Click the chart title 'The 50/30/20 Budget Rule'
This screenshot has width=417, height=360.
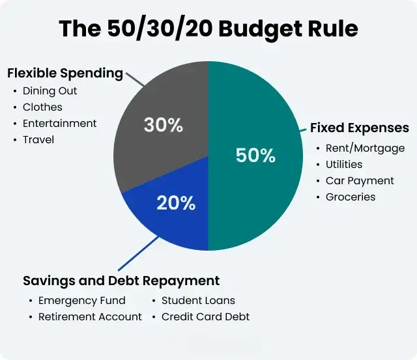(x=208, y=28)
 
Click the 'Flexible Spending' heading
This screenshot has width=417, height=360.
(x=65, y=73)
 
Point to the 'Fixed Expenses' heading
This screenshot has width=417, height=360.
(x=359, y=128)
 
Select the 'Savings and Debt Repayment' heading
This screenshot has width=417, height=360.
(x=121, y=281)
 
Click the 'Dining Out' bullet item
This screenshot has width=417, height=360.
(x=50, y=91)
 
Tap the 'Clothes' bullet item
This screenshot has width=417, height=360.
(x=43, y=107)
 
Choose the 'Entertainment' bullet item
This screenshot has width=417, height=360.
(x=59, y=123)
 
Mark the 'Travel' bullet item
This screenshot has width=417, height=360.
(x=38, y=139)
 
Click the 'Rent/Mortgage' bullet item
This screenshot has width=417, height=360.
(x=365, y=148)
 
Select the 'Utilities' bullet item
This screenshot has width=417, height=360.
(x=344, y=165)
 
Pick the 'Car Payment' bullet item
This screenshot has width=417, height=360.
(x=360, y=180)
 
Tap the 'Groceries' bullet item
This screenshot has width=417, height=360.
(x=351, y=197)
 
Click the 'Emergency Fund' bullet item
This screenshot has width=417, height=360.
(x=82, y=301)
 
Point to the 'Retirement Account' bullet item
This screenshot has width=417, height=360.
(x=90, y=316)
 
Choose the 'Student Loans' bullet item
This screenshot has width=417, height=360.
(x=198, y=301)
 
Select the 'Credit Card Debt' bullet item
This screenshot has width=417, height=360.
(x=205, y=316)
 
